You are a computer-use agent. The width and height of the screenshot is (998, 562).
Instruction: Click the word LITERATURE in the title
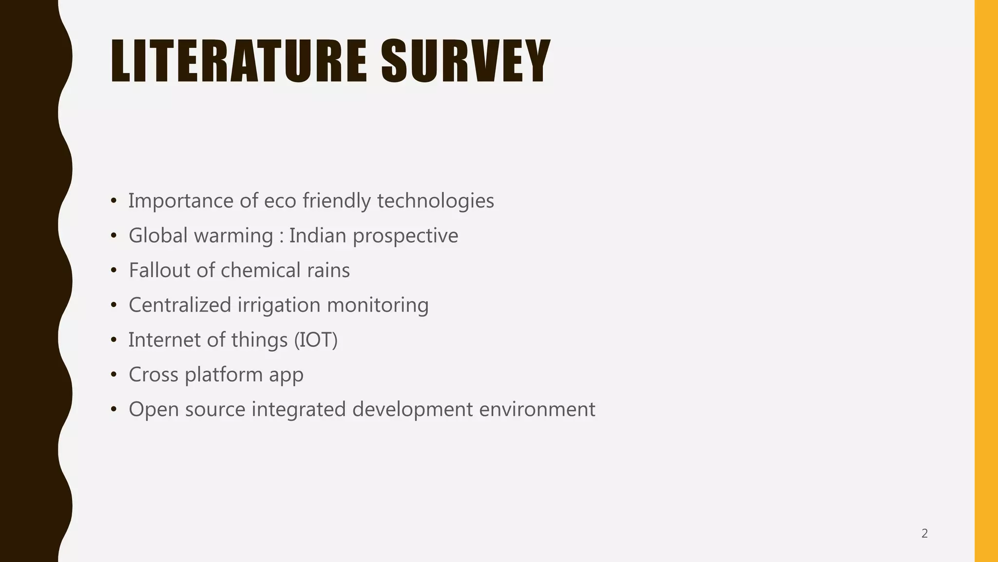coord(239,61)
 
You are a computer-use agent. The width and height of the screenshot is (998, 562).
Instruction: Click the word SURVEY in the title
coord(465,61)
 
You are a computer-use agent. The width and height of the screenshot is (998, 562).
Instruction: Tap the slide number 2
coord(924,533)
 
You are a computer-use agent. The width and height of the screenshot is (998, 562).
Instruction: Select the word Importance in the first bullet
coord(181,201)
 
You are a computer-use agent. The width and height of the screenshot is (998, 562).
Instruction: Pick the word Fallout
coord(159,270)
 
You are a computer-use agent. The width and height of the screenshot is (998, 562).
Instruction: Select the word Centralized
coord(180,305)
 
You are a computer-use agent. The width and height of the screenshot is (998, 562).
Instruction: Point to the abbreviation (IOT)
coord(315,340)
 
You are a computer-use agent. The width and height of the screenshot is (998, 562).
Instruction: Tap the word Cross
coord(154,375)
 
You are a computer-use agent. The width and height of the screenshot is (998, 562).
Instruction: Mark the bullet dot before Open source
coord(114,409)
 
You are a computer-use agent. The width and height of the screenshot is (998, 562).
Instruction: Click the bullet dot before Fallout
coord(114,270)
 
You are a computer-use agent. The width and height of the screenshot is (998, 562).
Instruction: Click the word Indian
coord(318,236)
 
